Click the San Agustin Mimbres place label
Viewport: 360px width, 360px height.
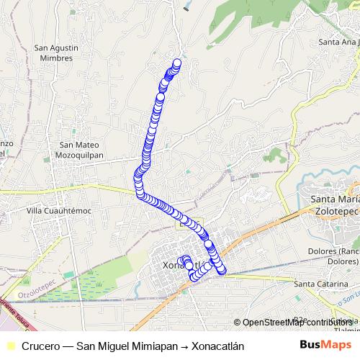tap(53, 53)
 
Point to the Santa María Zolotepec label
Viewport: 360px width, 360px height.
tap(333, 204)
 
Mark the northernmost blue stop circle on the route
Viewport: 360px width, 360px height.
tap(176, 63)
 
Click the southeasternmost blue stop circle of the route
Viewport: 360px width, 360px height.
tap(222, 270)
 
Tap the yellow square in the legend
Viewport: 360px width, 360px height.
tap(9, 346)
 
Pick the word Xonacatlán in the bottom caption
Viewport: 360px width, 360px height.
tap(215, 346)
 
